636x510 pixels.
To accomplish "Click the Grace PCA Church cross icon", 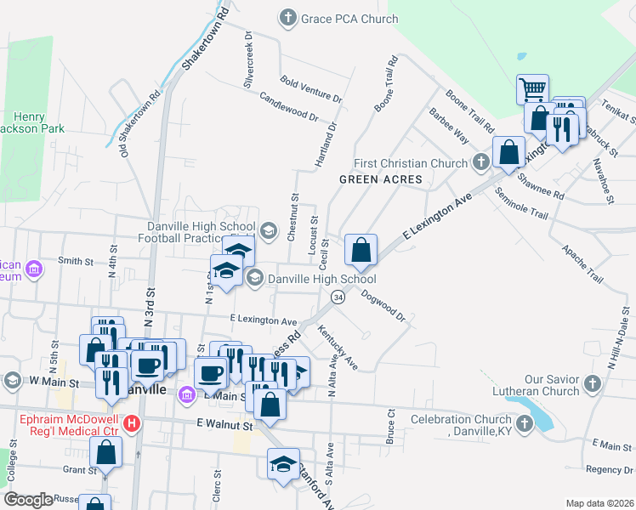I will tap(289, 17).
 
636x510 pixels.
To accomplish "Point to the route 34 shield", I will tap(338, 297).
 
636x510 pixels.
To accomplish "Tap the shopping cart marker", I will tap(532, 88).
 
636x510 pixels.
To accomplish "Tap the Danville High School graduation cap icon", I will tap(254, 278).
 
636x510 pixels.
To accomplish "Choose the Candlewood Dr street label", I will tap(288, 106).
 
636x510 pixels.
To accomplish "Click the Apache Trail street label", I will tap(582, 264).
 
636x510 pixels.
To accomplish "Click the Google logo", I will tap(28, 499).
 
